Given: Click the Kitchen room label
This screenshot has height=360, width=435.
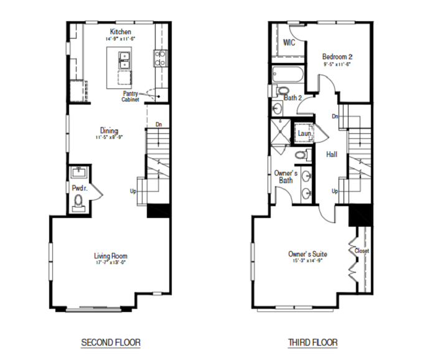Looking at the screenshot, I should point(120,31).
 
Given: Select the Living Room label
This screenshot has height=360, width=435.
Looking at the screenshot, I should point(111,256).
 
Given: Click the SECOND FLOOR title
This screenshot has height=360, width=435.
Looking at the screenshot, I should point(111,343).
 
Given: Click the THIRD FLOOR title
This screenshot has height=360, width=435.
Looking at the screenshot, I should point(312,343).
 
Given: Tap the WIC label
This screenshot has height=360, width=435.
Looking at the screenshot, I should point(289,42).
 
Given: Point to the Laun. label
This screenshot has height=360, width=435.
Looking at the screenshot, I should point(304,133).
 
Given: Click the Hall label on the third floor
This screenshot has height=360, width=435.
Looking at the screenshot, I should point(332,154).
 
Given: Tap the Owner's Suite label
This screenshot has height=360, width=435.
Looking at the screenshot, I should point(307,254).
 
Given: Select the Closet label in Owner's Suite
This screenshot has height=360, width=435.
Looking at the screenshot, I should point(362,251).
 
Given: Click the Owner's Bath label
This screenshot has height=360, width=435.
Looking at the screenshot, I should point(286,176).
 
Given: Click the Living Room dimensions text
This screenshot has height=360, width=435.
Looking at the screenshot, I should point(111,263).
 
